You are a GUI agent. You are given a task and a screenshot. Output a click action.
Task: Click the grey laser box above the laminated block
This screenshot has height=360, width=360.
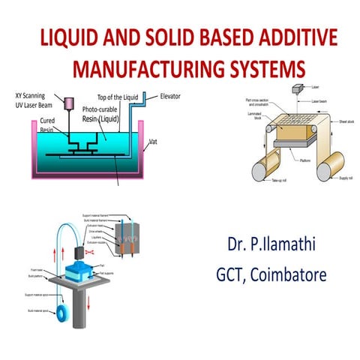pyautogui.click(x=298, y=89)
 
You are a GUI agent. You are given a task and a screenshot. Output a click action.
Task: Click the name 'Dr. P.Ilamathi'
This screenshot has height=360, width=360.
pyautogui.click(x=276, y=245)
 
